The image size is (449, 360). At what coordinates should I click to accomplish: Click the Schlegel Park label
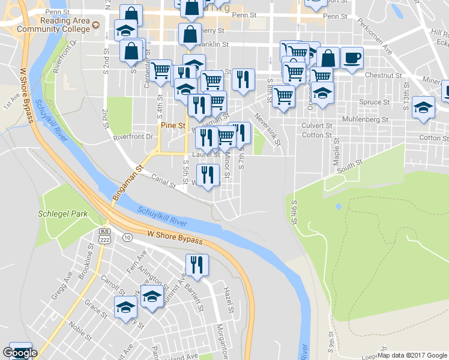62,214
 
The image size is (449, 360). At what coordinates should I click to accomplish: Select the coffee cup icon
352,58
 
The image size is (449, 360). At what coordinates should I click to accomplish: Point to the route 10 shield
127,238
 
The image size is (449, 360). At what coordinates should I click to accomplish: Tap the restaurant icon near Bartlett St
197,264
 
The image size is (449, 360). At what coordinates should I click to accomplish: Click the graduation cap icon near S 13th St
423,108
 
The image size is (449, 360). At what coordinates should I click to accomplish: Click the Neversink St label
267,130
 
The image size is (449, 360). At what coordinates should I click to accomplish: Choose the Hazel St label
228,301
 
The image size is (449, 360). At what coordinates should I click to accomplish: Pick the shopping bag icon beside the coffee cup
328,58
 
